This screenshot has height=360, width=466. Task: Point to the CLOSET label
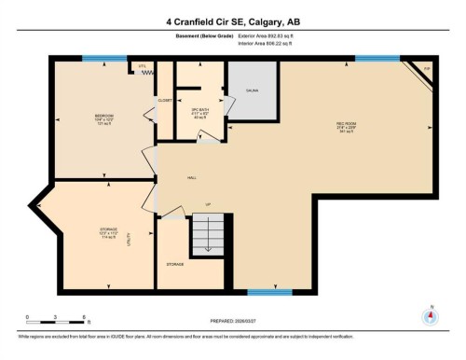(164, 99)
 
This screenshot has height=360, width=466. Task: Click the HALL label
(191, 177)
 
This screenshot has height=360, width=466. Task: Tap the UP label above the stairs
(209, 204)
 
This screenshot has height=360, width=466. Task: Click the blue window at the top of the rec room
(377, 59)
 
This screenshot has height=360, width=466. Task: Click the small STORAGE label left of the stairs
(174, 264)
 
